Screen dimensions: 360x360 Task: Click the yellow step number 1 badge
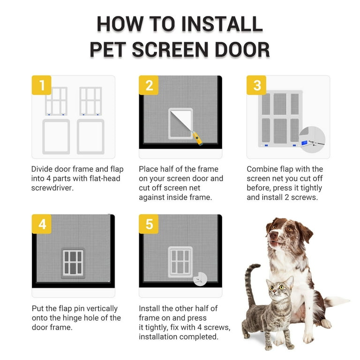(42, 85)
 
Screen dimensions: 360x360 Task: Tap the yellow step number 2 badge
(149, 85)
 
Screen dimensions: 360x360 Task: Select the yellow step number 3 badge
(256, 85)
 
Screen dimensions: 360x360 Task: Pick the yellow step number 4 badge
(42, 224)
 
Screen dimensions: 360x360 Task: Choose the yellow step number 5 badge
(149, 224)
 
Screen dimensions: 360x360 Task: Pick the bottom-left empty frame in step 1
(56, 136)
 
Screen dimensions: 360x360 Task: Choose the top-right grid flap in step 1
(90, 101)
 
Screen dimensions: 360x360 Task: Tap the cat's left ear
(268, 282)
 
